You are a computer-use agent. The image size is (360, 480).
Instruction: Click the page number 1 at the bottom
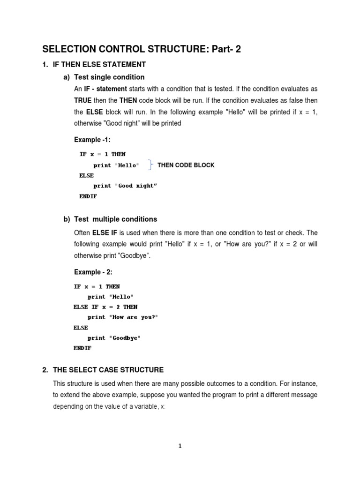(180, 446)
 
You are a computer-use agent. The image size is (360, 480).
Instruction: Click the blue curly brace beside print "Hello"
(150, 165)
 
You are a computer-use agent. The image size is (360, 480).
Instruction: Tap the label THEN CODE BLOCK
(186, 165)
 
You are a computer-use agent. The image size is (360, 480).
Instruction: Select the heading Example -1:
(92, 140)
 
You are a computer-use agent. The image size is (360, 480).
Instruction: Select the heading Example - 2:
(93, 272)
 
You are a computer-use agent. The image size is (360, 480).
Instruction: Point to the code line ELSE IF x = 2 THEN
(105, 307)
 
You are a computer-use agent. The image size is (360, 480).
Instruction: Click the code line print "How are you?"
(123, 317)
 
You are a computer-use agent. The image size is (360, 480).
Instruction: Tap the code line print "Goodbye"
(114, 338)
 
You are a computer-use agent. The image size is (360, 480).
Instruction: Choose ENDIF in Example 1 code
(88, 196)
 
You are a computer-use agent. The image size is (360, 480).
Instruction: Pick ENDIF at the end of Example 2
(82, 348)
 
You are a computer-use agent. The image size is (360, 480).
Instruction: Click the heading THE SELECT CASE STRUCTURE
(108, 370)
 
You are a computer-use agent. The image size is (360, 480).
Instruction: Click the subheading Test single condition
(109, 77)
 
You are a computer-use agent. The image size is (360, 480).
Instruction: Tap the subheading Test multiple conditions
(115, 219)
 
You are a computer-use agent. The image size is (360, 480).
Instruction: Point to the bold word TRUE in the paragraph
(82, 100)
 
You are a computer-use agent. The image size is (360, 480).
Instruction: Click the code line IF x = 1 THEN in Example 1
(102, 154)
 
